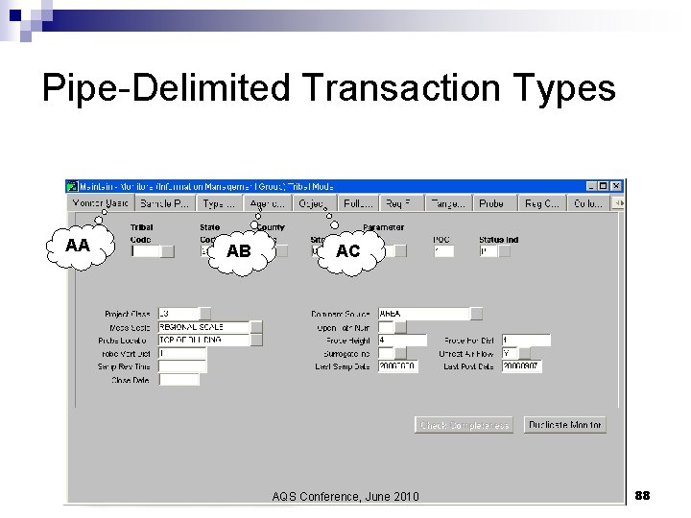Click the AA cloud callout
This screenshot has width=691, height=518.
click(x=78, y=247)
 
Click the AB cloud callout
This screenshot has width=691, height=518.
click(x=239, y=251)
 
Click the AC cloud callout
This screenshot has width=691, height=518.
click(x=348, y=251)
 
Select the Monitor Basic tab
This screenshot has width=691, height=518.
click(x=101, y=203)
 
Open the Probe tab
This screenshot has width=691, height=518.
click(x=492, y=203)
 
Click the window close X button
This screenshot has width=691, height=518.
click(x=617, y=186)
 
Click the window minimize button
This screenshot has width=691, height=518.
click(x=590, y=186)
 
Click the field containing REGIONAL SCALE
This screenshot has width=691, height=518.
click(x=203, y=327)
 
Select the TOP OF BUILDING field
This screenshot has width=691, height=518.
click(x=203, y=340)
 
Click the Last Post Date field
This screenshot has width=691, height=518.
click(x=525, y=366)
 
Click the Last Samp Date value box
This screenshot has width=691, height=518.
click(x=398, y=366)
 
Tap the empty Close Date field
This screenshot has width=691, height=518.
click(x=179, y=380)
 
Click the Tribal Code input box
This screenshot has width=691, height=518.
click(x=145, y=251)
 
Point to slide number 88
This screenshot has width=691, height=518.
click(x=642, y=495)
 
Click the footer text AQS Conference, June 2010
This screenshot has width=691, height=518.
click(x=345, y=496)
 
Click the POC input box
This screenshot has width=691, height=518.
click(x=443, y=251)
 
